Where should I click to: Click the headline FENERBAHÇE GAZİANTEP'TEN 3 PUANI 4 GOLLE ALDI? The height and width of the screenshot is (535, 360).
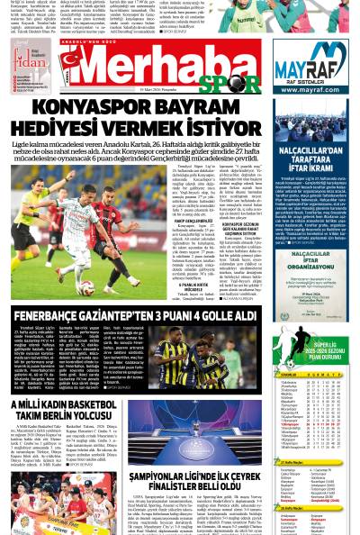[148, 314]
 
